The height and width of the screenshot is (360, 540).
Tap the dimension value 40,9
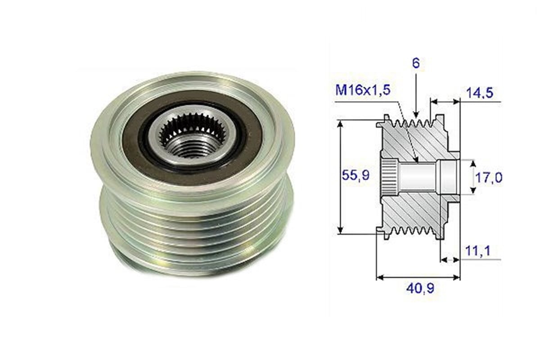(x=420, y=288)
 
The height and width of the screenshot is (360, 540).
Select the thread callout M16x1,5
(x=363, y=90)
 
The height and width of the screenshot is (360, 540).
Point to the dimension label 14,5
(x=480, y=93)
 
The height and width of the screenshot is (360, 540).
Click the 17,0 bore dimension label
(x=489, y=178)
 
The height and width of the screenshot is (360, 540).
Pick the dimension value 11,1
(x=478, y=251)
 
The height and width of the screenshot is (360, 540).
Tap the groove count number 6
(x=416, y=63)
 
